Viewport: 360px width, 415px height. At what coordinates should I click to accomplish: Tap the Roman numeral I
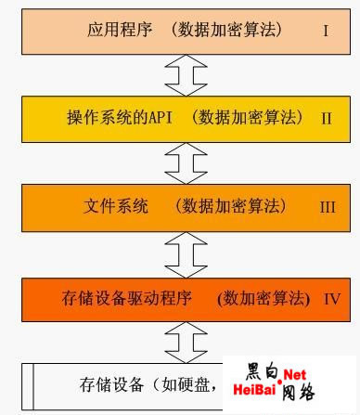coord(326,31)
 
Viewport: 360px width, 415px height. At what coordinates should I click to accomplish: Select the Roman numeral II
coord(327,119)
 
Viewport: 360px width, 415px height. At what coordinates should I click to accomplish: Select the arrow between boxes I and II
coord(179,74)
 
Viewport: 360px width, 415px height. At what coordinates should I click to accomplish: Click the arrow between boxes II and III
coord(179,162)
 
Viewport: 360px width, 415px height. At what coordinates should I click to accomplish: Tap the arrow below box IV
coord(179,340)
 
